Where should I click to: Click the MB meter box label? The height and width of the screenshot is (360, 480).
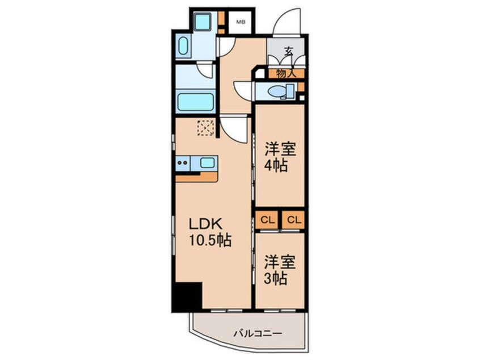tap(241, 22)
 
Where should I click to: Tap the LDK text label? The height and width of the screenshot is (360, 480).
tap(205, 224)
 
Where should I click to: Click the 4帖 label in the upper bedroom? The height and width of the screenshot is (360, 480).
tap(276, 166)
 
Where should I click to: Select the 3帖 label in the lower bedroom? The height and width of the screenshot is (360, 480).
tap(276, 278)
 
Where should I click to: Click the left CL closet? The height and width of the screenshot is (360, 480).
tap(267, 220)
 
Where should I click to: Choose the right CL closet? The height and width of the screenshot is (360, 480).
tap(293, 220)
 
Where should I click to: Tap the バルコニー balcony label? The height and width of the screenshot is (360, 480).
tap(258, 333)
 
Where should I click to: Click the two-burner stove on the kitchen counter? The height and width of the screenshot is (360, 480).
tap(183, 163)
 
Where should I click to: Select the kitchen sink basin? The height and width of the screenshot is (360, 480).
tap(207, 162)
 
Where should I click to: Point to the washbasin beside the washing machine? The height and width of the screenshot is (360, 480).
tap(183, 46)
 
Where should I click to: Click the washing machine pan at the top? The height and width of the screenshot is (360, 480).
tap(203, 21)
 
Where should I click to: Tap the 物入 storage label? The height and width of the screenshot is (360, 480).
tap(285, 73)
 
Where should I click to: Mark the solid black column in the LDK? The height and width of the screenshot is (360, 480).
tap(187, 296)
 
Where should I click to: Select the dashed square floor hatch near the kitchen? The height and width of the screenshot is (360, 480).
tap(206, 128)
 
